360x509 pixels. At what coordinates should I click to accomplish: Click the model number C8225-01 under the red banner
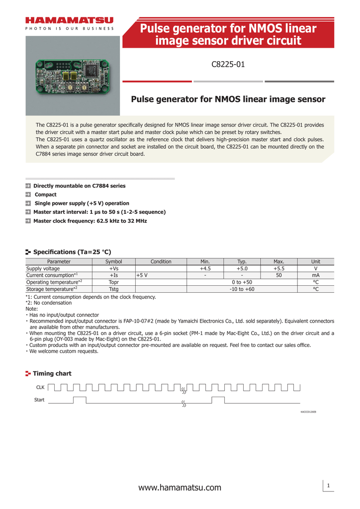[x=228, y=64]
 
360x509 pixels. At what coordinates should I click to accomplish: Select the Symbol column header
[x=113, y=261]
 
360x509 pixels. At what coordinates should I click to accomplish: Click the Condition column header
[x=161, y=261]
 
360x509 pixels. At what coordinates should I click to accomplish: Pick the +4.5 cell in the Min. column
[x=205, y=268]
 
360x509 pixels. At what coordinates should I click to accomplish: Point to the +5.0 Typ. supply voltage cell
[x=242, y=268]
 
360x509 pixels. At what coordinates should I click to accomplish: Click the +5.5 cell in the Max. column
[x=278, y=268]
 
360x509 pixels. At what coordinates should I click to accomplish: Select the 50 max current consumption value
[x=278, y=275]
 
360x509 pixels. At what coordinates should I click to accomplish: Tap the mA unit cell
[x=315, y=275]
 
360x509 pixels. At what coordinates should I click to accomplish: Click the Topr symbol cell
[x=113, y=282]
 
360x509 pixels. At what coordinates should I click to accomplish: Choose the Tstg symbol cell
[x=113, y=289]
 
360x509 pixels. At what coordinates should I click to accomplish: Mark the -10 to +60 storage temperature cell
[x=242, y=289]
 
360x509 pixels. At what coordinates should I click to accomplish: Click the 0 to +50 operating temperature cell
[x=242, y=282]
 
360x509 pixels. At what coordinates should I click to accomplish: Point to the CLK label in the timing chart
[x=40, y=386]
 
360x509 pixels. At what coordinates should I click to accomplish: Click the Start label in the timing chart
[x=39, y=400]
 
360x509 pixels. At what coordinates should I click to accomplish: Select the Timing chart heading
[x=52, y=373]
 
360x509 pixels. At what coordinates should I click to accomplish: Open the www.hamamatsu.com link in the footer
[x=180, y=488]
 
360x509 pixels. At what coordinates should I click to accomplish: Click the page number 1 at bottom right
[x=329, y=485]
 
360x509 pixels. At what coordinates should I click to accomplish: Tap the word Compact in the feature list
[x=45, y=194]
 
